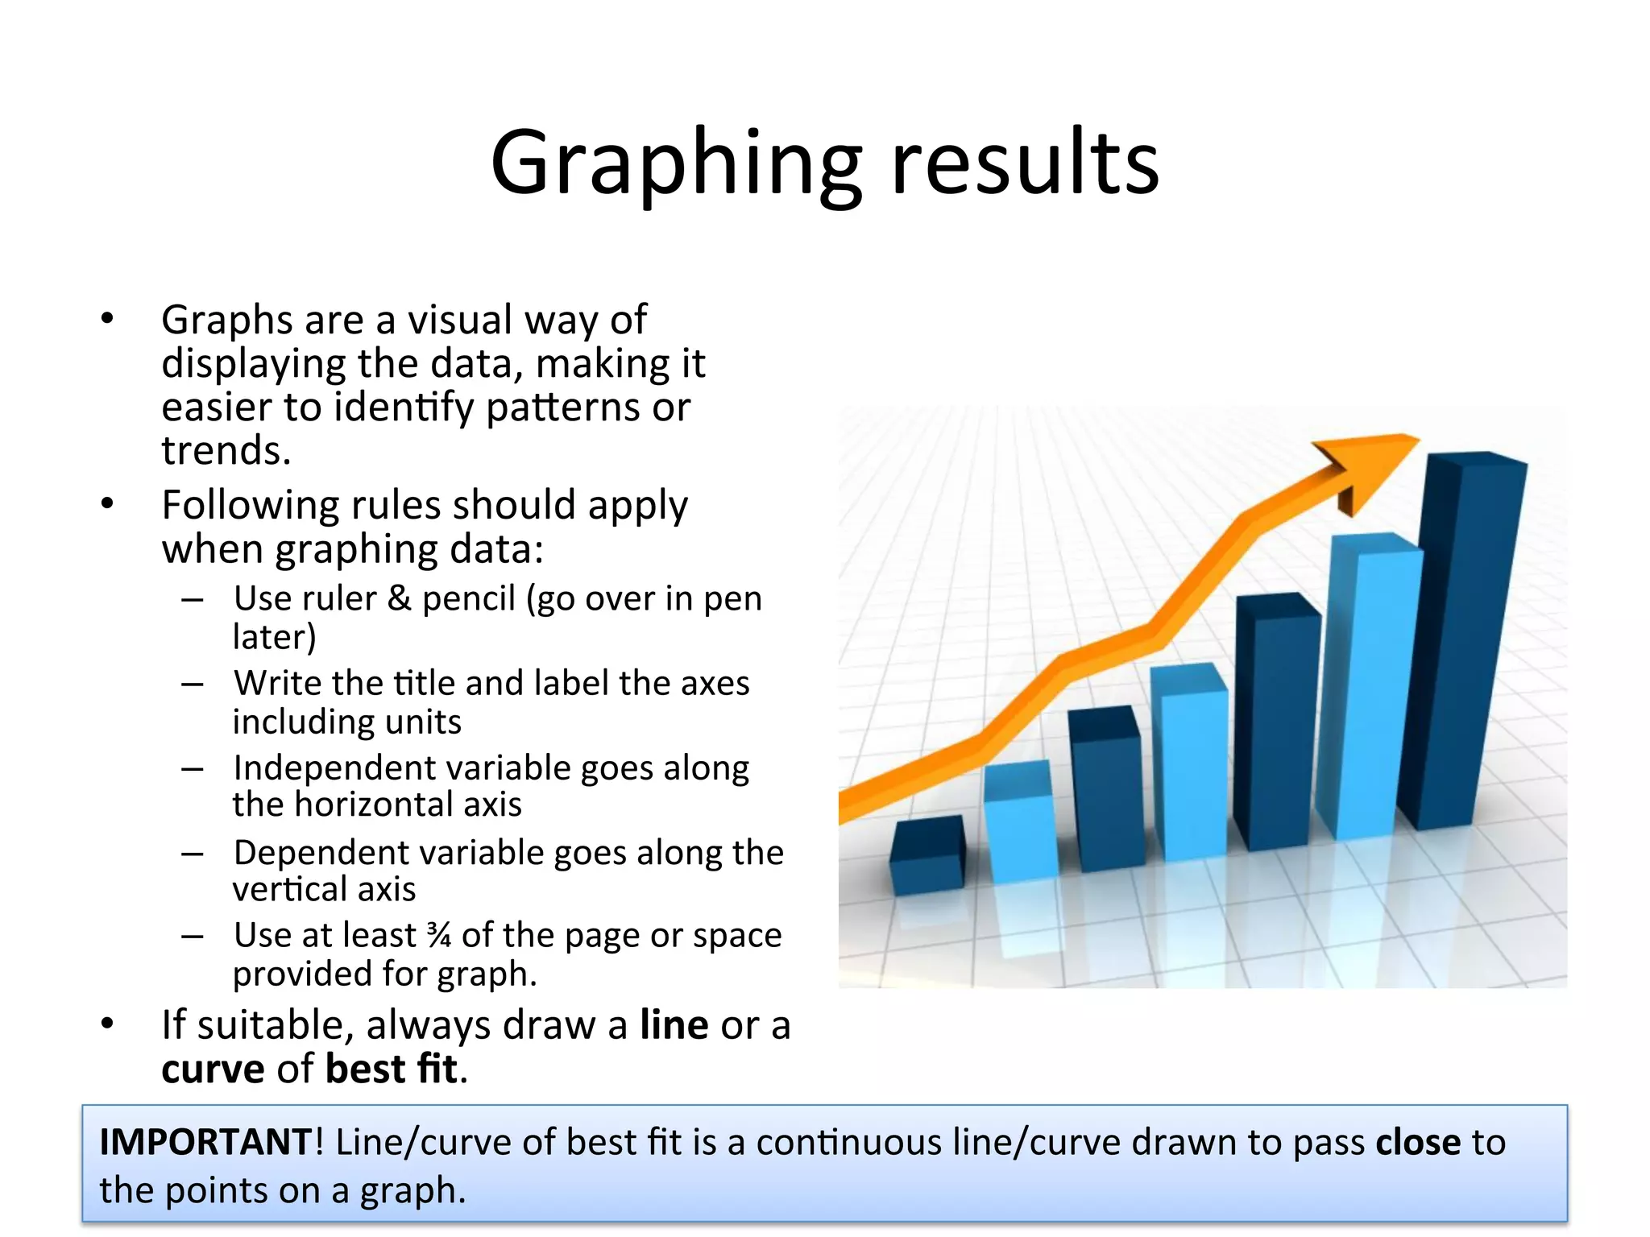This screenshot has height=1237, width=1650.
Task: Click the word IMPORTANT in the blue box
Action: point(205,1142)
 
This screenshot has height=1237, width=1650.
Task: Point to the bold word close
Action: point(1417,1142)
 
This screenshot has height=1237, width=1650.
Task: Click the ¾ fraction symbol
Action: point(439,936)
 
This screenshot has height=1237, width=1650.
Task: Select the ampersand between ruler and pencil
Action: point(400,598)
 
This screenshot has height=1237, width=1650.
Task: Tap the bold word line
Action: point(674,1025)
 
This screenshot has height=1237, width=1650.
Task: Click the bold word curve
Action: point(213,1069)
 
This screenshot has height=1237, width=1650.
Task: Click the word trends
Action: point(226,450)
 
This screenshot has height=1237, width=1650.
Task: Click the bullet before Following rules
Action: point(108,505)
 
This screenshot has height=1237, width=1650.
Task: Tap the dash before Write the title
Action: point(193,684)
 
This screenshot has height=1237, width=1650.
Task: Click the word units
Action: point(424,722)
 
